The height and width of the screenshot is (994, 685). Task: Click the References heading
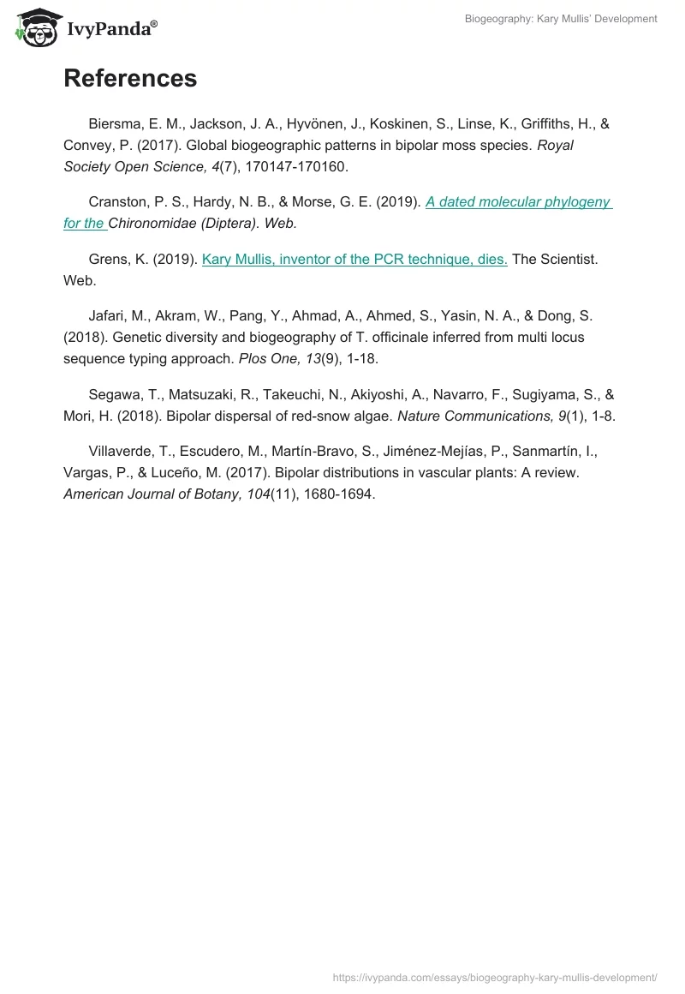[x=130, y=78]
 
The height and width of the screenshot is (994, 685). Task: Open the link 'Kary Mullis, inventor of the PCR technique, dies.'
[x=354, y=259]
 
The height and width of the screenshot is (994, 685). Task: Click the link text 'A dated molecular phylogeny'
[x=518, y=202]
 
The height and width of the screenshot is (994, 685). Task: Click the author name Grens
[x=108, y=259]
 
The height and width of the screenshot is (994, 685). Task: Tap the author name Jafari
[x=109, y=316]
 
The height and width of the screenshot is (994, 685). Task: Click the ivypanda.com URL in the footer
[x=494, y=976]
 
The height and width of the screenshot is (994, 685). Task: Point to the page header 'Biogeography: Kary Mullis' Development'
[x=561, y=19]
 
